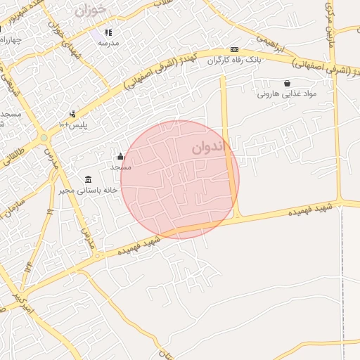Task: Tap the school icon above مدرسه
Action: click(108, 32)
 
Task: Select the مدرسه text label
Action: click(108, 44)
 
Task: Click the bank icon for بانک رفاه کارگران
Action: click(234, 50)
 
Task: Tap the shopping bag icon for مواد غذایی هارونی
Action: click(287, 83)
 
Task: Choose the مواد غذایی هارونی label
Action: click(286, 94)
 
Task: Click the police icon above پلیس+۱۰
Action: click(72, 114)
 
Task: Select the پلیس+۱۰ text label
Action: click(73, 124)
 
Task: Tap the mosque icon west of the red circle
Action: click(120, 156)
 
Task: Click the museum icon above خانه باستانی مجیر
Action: click(88, 179)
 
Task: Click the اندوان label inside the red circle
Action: click(210, 148)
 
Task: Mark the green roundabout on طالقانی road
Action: click(44, 138)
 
